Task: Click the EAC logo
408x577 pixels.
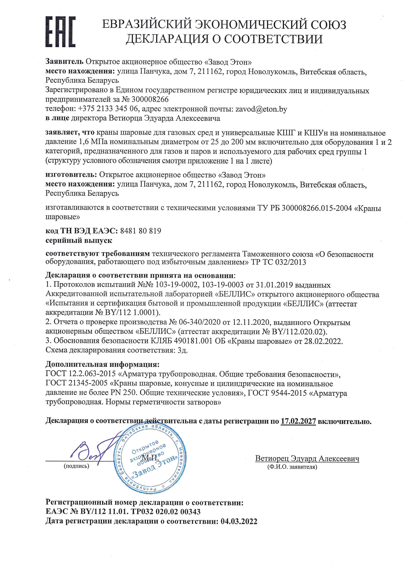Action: tap(60, 32)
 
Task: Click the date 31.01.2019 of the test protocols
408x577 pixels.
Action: tap(274, 285)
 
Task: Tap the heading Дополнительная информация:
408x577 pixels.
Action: tap(102, 364)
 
